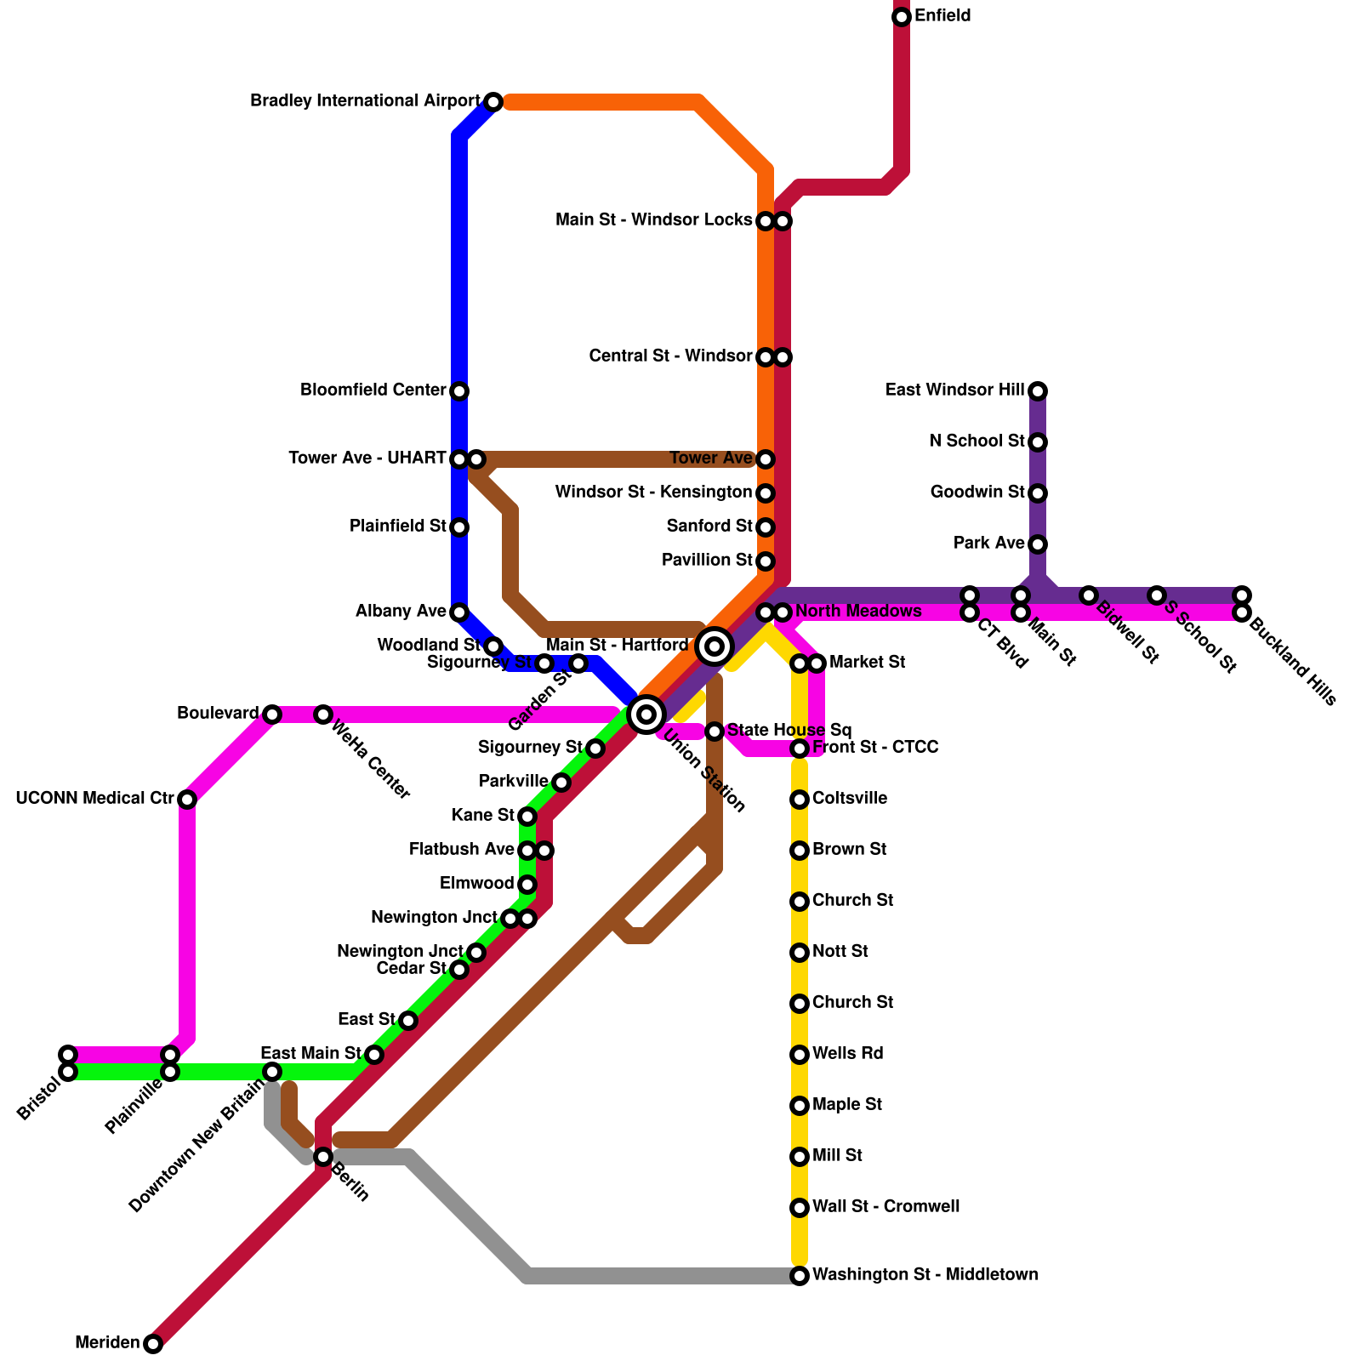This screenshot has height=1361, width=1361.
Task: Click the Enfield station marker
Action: click(x=902, y=17)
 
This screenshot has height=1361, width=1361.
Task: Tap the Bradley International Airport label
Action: click(x=365, y=101)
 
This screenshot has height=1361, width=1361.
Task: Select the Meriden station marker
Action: click(x=153, y=1344)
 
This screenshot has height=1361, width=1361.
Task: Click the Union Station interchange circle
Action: click(x=646, y=714)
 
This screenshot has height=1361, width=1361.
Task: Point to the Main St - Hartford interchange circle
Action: click(x=715, y=646)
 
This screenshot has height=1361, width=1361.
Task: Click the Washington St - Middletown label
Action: click(x=925, y=1274)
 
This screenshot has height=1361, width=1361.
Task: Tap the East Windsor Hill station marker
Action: click(x=1038, y=391)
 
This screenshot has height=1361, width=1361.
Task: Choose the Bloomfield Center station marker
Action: click(x=459, y=391)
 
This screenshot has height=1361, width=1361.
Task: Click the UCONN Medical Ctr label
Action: click(x=94, y=799)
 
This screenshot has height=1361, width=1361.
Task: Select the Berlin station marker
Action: click(x=323, y=1157)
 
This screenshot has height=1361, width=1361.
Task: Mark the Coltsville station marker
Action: click(x=800, y=800)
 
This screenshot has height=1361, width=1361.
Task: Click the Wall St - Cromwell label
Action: click(x=886, y=1206)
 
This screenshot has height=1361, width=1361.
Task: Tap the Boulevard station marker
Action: click(x=272, y=715)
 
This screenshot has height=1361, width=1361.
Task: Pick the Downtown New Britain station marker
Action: click(x=272, y=1072)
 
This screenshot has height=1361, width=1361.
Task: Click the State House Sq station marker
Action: click(x=715, y=732)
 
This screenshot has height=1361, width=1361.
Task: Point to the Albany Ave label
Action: click(x=401, y=612)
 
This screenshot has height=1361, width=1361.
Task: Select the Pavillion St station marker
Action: click(x=766, y=561)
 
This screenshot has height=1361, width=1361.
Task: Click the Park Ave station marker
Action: click(x=1038, y=544)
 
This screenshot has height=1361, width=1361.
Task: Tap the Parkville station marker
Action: click(x=561, y=783)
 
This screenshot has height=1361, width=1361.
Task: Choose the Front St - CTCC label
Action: click(x=875, y=748)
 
